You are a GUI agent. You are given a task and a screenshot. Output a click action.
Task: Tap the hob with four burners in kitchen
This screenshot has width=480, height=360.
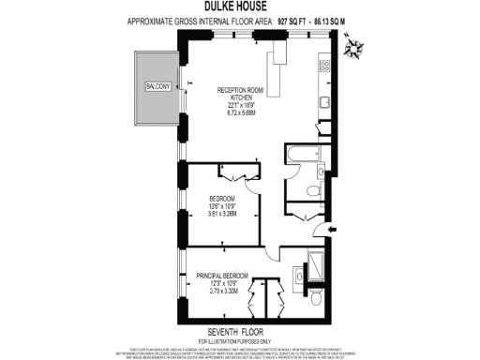tap(325, 66)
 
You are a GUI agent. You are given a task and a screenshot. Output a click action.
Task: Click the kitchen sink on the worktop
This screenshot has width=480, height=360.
tap(323, 104)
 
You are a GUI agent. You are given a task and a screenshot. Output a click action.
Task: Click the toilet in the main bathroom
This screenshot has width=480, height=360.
tap(312, 192)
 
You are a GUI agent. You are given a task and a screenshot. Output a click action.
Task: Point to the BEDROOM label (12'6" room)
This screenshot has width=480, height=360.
tap(222, 199)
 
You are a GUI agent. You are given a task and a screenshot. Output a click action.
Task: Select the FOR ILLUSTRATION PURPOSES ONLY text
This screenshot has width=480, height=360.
tap(239, 339)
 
